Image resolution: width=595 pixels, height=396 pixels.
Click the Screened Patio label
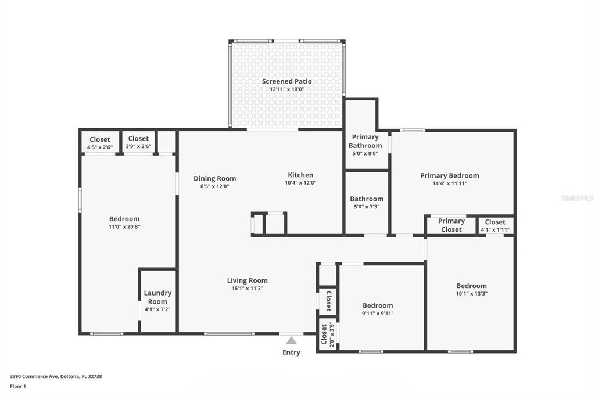coord(287,81)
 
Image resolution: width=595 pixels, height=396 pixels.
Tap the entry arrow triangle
coord(291,340)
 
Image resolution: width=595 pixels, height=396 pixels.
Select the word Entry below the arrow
coord(291,352)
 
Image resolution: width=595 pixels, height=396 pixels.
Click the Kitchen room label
coord(300,175)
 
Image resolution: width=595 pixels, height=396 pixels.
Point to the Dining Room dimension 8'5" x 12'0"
coord(215,186)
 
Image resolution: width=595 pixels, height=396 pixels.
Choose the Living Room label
coord(248,280)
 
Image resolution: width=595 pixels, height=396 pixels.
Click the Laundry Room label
coord(157,297)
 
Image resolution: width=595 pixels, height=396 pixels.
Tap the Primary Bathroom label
coord(365,141)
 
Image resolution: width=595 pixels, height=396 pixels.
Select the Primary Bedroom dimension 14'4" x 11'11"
coord(450,183)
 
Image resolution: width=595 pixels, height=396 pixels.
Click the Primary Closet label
coord(451,225)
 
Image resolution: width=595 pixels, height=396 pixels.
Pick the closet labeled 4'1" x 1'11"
coord(495,225)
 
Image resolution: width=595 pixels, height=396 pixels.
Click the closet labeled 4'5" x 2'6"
coord(100,143)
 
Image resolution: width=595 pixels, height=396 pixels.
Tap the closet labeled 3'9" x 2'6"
coord(138,142)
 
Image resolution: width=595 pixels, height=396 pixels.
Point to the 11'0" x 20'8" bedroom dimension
coord(124,227)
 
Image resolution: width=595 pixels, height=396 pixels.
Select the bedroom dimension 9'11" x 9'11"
coord(378,314)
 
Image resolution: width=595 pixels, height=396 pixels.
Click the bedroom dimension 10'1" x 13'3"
coord(472,293)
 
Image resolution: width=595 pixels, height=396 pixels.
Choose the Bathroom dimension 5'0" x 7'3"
coord(367,207)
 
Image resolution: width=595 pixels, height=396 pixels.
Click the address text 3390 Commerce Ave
coord(34,376)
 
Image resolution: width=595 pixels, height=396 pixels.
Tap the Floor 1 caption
coord(18,386)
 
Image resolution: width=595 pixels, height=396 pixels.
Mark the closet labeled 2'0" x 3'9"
coord(328,334)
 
